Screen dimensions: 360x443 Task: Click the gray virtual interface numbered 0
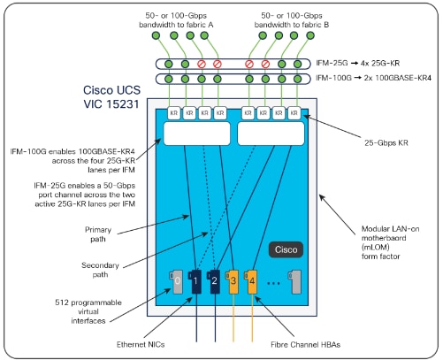[178, 283]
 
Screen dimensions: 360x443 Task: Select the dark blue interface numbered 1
[196, 283]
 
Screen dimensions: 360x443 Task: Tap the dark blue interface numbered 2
[215, 283]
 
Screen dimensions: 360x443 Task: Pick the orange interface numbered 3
[233, 283]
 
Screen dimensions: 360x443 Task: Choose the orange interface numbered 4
[252, 283]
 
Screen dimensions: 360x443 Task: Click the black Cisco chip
[286, 249]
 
